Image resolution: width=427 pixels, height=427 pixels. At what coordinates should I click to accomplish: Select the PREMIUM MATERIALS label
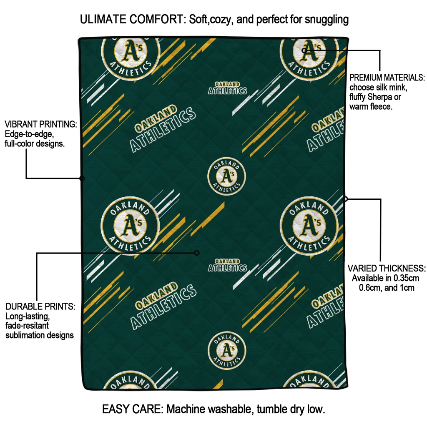pos(387,78)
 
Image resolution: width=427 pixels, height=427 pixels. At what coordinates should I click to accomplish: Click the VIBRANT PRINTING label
pos(40,124)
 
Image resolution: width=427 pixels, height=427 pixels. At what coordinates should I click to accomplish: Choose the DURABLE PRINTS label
pos(40,306)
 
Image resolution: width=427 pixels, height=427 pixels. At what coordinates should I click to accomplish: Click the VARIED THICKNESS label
pos(387,268)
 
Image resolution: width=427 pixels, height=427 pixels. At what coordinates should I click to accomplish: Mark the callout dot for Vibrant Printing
pos(82,178)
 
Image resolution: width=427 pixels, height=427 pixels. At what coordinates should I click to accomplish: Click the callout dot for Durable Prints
pos(197,253)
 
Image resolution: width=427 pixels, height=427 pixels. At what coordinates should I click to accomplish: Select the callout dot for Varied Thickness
pos(345,199)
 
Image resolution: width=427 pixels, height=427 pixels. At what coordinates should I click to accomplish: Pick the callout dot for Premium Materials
pos(304,50)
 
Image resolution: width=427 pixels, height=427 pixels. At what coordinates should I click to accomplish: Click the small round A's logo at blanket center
pos(226,177)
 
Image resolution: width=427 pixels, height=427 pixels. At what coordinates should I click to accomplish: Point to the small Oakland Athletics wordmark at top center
pos(227,88)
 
